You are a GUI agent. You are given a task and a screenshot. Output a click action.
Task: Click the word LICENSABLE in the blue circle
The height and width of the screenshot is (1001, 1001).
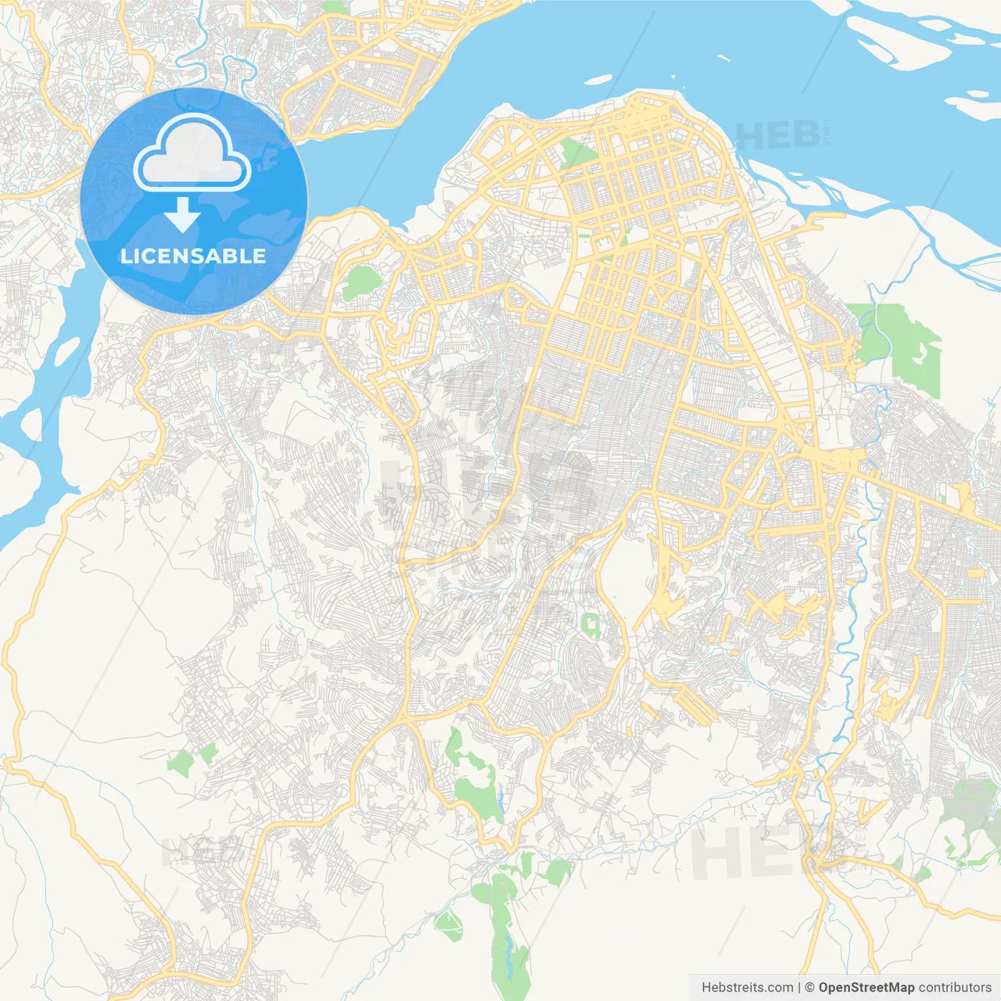tap(193, 256)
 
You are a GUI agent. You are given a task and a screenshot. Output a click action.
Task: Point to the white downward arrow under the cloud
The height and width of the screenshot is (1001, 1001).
tap(183, 214)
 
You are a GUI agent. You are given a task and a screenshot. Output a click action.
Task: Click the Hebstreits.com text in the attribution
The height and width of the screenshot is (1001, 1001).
tap(747, 988)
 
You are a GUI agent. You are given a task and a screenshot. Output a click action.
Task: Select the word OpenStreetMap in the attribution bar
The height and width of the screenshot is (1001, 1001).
tap(866, 988)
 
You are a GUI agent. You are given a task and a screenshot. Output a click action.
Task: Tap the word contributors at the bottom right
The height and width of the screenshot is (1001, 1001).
tap(955, 988)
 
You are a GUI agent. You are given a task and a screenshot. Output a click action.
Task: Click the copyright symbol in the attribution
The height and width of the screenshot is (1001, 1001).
tap(810, 988)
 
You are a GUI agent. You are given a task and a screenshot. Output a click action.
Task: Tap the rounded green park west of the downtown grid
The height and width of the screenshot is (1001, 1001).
tap(359, 282)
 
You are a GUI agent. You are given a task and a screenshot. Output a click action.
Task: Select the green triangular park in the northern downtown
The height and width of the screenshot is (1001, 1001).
tap(576, 153)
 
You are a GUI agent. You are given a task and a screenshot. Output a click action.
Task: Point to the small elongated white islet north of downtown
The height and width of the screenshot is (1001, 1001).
tap(598, 79)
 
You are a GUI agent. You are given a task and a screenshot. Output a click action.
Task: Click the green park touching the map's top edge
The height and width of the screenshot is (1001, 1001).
tap(335, 6)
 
